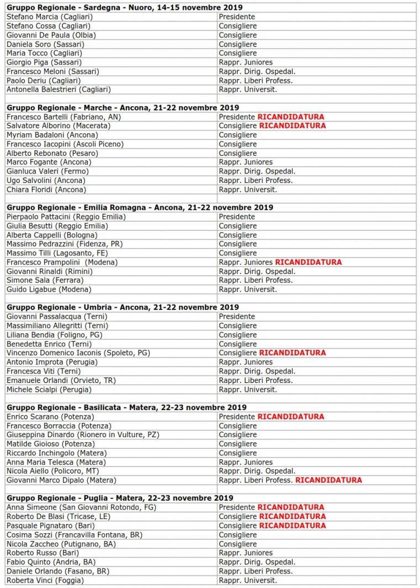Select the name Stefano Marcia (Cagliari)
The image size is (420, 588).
pos(49,17)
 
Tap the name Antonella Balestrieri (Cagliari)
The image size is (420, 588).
pos(58,90)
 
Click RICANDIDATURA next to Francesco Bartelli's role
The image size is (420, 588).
pos(291,117)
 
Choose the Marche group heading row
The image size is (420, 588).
pos(122,108)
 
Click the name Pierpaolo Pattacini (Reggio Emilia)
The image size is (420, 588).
pos(66,217)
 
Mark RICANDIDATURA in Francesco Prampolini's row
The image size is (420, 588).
pos(308,262)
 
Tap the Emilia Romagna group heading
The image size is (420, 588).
pos(140,208)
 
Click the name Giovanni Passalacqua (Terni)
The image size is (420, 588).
pos(56,317)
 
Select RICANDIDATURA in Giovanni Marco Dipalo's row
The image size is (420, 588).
pos(328,480)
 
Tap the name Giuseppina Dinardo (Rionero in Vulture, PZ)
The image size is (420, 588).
pos(83,435)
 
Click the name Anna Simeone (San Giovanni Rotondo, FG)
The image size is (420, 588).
pos(81,507)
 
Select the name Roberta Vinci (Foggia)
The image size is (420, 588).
pos(45,580)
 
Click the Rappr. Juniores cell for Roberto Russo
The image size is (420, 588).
pos(245,553)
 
